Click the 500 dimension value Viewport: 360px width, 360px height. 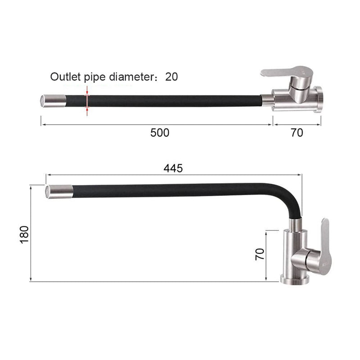coord(160,133)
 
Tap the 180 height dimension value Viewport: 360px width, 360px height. coord(24,234)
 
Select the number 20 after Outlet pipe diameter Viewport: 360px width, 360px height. coord(171,76)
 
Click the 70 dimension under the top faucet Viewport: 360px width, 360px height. coord(297,133)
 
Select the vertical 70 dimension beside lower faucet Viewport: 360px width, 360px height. coord(260,254)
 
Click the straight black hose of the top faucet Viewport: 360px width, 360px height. coord(171,100)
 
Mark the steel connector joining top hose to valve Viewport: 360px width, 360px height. coord(267,100)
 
